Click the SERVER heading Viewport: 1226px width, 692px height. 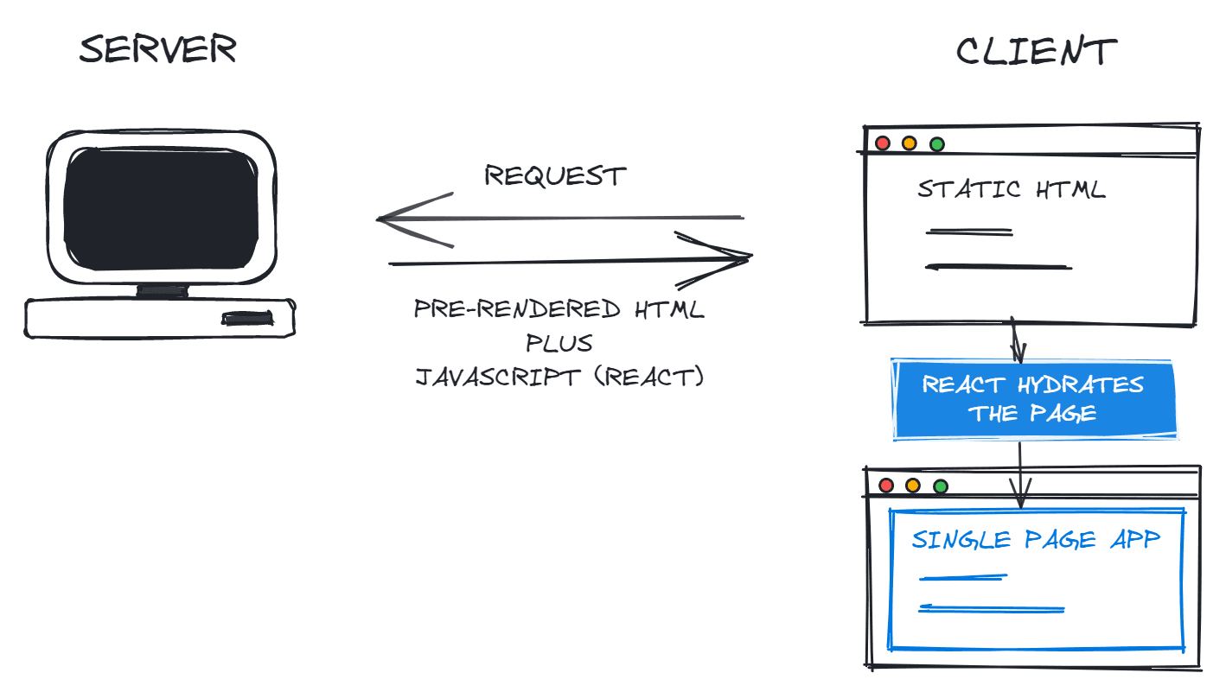157,50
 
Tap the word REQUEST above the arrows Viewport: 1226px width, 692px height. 555,176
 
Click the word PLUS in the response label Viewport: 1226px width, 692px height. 560,343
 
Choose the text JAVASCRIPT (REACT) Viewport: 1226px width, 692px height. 560,378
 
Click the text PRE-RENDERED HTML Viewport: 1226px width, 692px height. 560,309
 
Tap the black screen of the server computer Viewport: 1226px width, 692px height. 162,208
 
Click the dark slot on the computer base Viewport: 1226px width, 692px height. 250,319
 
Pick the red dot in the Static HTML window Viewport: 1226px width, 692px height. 883,143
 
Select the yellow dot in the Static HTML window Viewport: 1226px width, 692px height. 910,143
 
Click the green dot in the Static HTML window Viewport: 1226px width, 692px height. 937,144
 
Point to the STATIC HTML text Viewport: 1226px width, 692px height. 1012,189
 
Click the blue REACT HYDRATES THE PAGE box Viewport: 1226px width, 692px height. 1034,399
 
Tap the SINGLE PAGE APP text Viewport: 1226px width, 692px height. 1036,540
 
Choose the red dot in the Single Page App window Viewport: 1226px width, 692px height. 886,486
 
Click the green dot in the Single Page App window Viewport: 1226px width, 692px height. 941,486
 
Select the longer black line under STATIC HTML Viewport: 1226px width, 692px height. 999,267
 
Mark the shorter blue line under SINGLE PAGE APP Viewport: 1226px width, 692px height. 963,577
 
